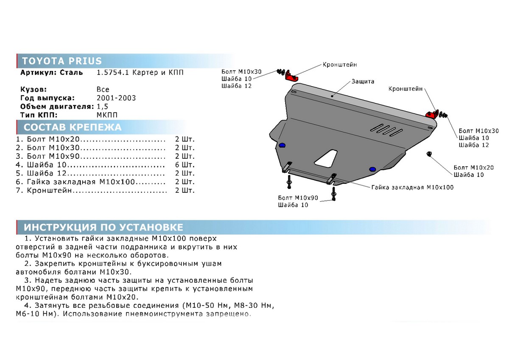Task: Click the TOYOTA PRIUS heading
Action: (62, 61)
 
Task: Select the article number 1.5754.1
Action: (113, 73)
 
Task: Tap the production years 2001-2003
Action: (116, 98)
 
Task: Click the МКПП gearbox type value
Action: (107, 115)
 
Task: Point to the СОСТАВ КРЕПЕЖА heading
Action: (73, 127)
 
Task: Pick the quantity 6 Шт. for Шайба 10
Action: (185, 165)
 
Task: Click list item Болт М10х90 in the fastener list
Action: (53, 156)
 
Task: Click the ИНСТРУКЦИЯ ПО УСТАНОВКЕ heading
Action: (103, 228)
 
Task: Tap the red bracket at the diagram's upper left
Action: (291, 76)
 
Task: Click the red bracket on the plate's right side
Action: (432, 114)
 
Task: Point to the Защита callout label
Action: (363, 82)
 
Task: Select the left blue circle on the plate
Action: (282, 145)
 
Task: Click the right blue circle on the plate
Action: (372, 169)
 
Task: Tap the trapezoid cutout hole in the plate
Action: (326, 158)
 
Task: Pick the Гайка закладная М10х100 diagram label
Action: (412, 187)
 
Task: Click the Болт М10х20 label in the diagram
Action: (473, 168)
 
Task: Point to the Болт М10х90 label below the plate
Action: (298, 198)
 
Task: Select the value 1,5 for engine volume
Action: (103, 107)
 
